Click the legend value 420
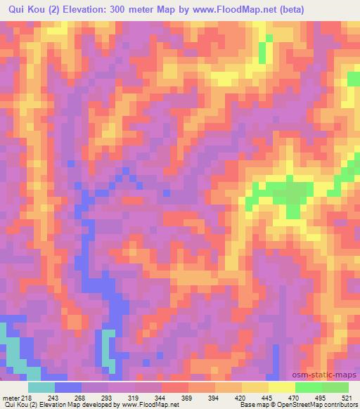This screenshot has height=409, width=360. coord(243,397)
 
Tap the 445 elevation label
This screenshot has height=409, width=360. coord(269,397)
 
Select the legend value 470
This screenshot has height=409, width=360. coord(296,397)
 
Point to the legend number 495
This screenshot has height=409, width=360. coord(323,397)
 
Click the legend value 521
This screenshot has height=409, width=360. coord(349,397)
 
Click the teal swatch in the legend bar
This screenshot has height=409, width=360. coord(41,387)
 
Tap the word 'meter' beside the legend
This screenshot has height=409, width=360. coord(11,397)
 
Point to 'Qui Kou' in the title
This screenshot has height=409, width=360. coord(27,9)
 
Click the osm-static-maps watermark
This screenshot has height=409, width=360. coord(330,375)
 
